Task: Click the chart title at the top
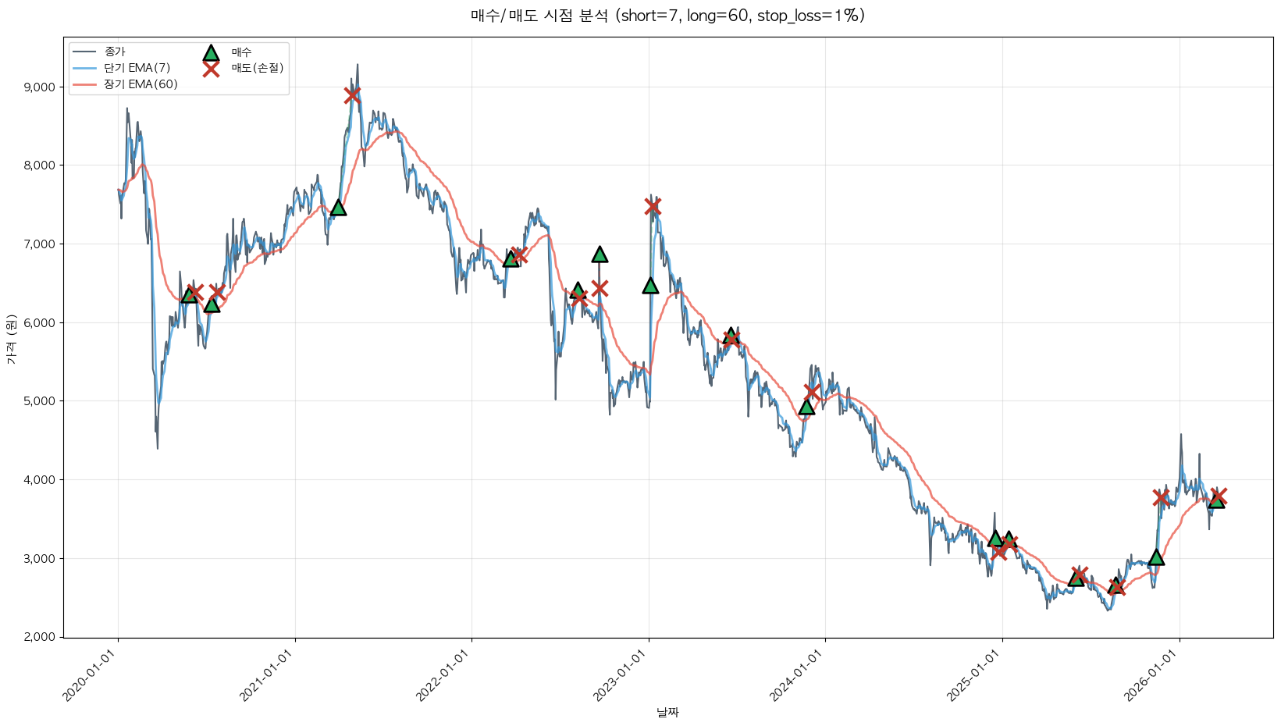coord(667,16)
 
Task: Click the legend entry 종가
coord(114,52)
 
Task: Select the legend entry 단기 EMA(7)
coord(137,68)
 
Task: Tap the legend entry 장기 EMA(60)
coord(141,84)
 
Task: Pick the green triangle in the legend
coord(211,53)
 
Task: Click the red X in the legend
coord(211,69)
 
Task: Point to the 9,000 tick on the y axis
coord(40,87)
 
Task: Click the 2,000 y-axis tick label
coord(40,637)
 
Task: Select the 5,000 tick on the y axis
coord(40,401)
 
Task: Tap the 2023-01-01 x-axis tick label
coord(621,676)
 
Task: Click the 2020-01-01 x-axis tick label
coord(91,676)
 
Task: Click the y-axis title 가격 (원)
coord(11,339)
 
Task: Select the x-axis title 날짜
coord(667,712)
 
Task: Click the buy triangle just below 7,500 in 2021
coord(338,208)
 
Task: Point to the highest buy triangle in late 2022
coord(600,254)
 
